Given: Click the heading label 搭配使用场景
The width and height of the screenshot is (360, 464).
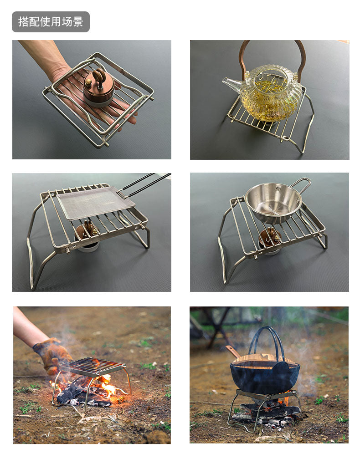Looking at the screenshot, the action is coord(51,21).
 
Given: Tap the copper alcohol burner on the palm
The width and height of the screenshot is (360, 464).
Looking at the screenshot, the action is coord(98,87).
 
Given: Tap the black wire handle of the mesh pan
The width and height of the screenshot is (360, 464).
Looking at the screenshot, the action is coord(144,185).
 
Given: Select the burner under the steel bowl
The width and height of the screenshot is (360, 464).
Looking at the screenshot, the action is coord(270,241).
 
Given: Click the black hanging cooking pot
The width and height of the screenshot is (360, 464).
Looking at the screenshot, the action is coord(265,376).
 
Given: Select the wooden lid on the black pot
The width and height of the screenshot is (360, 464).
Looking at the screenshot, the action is coord(265,361).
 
